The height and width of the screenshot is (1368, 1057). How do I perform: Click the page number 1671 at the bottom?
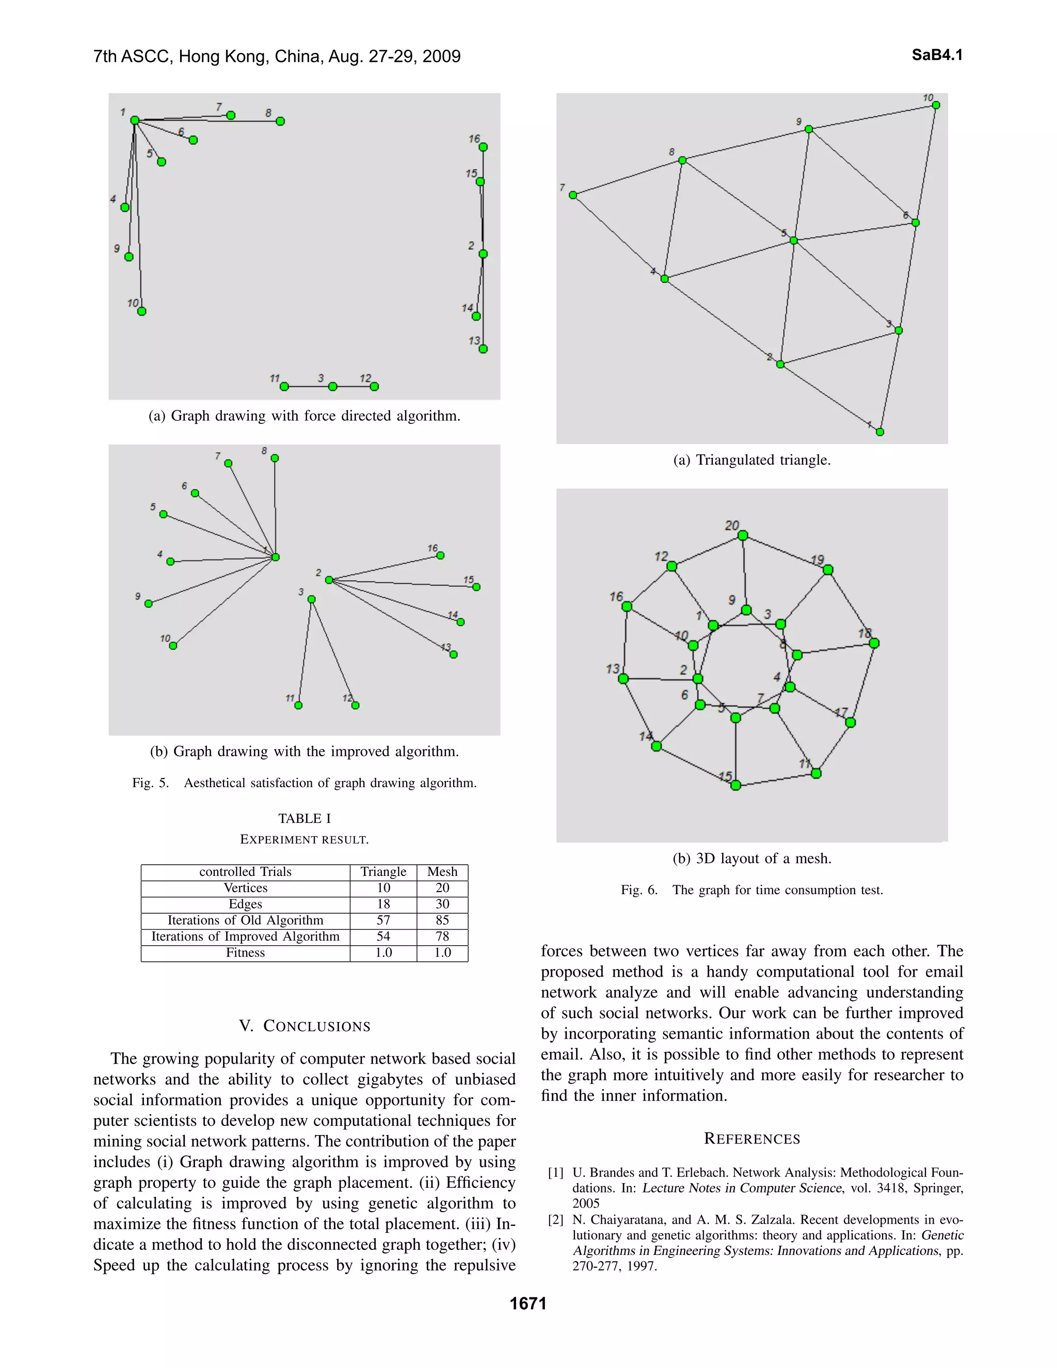(528, 1303)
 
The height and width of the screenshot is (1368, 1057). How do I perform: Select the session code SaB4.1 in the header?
(937, 55)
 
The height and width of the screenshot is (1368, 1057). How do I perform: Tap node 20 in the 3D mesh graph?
(743, 535)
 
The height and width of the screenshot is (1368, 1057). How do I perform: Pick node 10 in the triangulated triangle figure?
(936, 105)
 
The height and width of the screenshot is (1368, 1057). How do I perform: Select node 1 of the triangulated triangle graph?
(880, 432)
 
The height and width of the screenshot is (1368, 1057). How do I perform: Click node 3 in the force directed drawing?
(332, 387)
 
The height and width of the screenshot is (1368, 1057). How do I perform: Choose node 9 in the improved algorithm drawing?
(149, 604)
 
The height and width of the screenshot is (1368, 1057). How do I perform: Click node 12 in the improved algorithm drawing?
(355, 705)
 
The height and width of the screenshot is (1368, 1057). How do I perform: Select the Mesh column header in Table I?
(442, 872)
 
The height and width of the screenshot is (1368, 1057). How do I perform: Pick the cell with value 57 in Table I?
(383, 920)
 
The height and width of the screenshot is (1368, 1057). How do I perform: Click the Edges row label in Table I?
(246, 904)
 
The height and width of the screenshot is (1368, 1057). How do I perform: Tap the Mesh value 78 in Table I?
(442, 936)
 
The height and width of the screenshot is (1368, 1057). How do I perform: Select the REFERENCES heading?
(751, 1139)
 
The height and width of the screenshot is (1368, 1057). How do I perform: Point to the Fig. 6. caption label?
(639, 890)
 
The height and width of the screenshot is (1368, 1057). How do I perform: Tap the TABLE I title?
(305, 819)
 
